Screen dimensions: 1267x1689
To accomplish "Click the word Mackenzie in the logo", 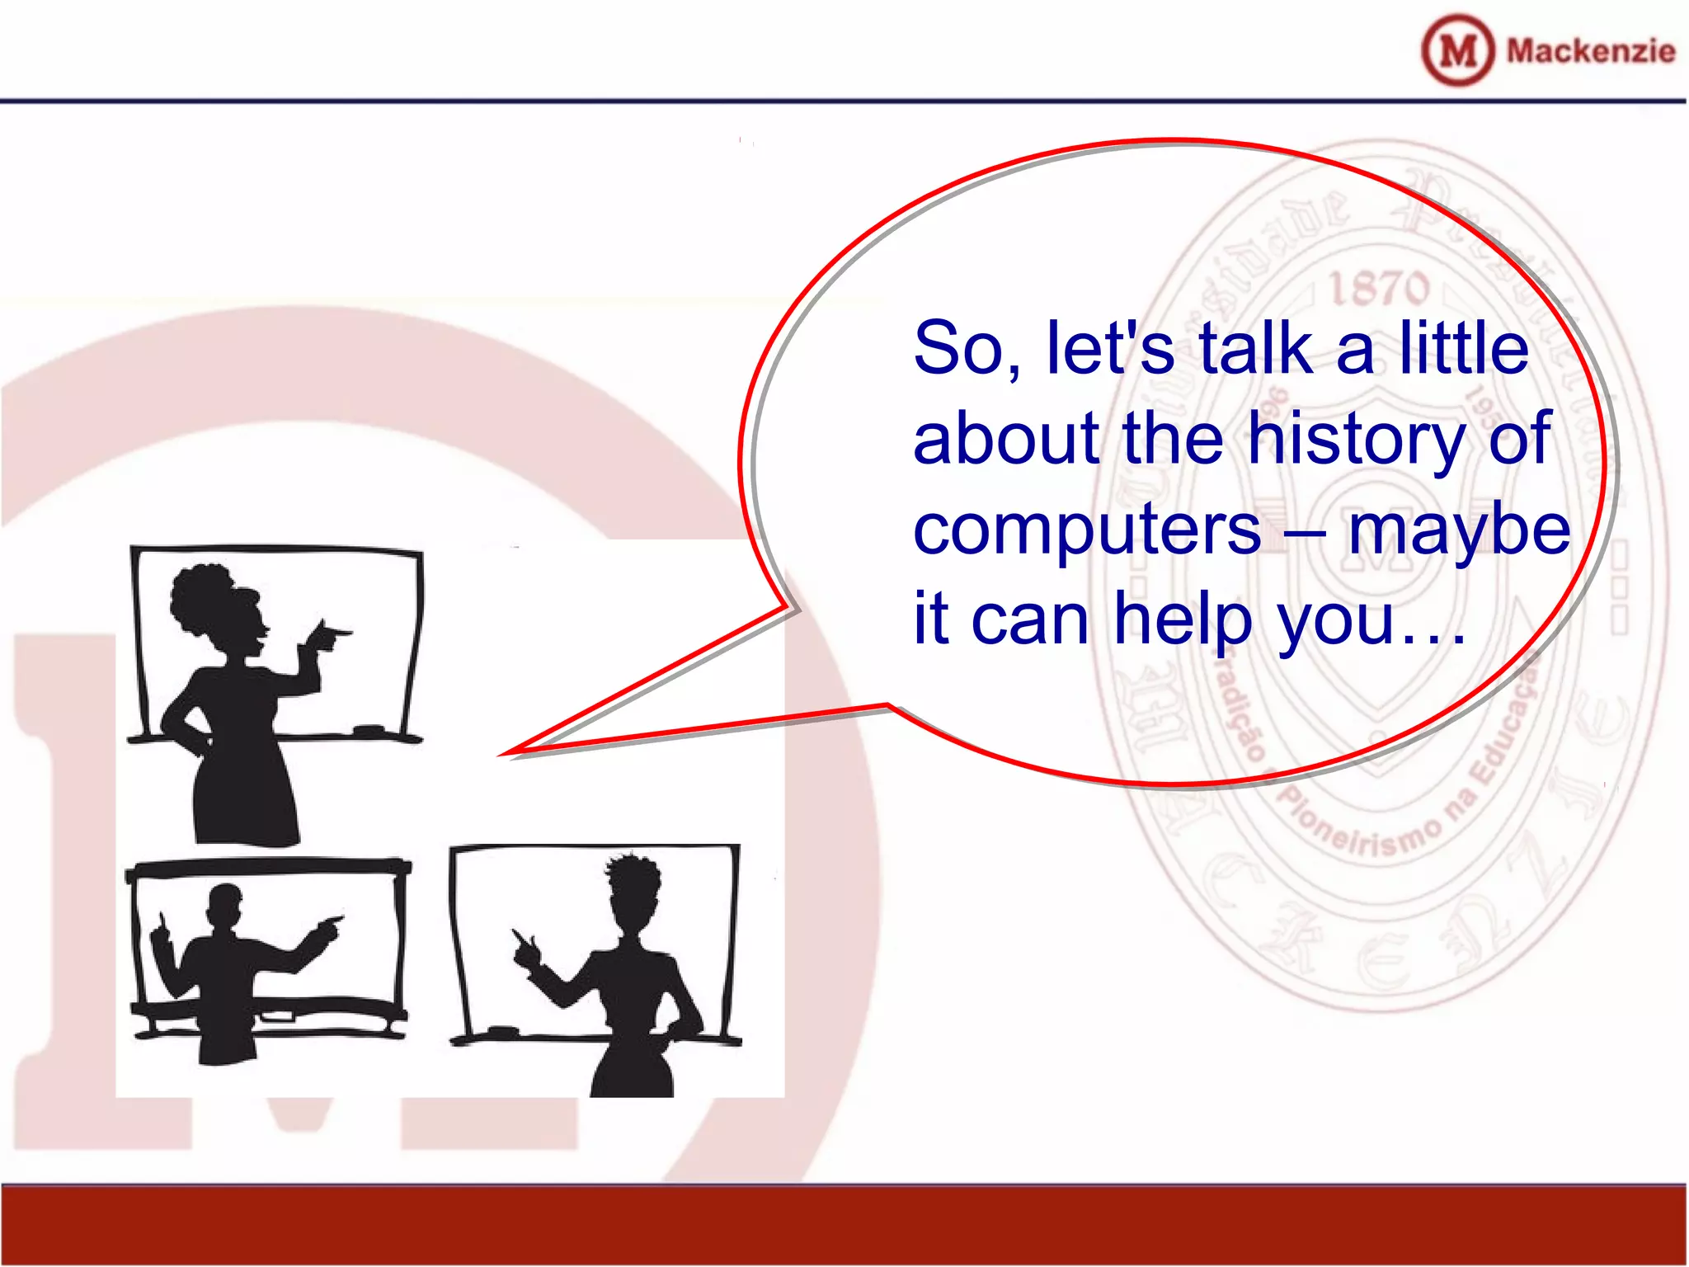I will tap(1590, 51).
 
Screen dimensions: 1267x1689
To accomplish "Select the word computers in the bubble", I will tap(1087, 530).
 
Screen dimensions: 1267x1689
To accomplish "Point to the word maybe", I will tap(1459, 530).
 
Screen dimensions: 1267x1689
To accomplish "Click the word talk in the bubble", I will tap(1255, 349).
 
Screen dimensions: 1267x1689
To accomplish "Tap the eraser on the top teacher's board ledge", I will tap(368, 730).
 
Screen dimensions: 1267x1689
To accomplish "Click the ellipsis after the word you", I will tap(1433, 639).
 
